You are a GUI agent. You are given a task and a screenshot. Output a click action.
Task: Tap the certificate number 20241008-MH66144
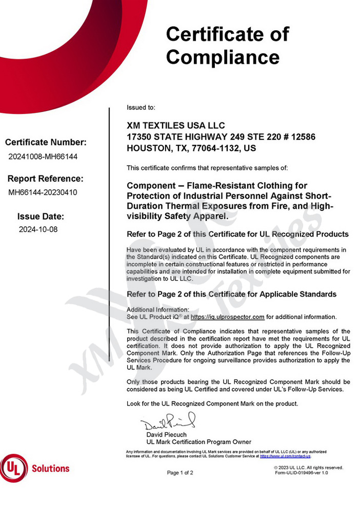(43, 156)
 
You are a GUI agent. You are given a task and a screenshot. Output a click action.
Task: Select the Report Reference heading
(46, 179)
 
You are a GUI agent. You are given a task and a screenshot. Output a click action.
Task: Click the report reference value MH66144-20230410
(43, 192)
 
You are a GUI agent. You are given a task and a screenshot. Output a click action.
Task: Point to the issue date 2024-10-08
(38, 229)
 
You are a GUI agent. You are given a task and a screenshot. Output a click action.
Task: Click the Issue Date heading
(41, 216)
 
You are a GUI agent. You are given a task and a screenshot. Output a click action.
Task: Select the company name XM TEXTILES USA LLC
(175, 126)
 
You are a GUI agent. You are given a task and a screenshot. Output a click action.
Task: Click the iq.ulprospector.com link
(227, 317)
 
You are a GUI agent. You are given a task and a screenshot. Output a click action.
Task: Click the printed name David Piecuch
(167, 435)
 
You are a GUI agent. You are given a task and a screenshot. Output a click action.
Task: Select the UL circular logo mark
(14, 468)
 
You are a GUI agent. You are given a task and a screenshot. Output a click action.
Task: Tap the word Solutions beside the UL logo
(50, 468)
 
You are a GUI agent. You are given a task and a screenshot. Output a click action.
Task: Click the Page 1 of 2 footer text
(180, 472)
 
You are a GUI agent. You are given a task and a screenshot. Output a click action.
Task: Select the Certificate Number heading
(46, 143)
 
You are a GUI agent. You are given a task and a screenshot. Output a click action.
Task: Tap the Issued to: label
(141, 108)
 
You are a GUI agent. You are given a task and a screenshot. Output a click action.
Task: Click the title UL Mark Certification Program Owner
(198, 442)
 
